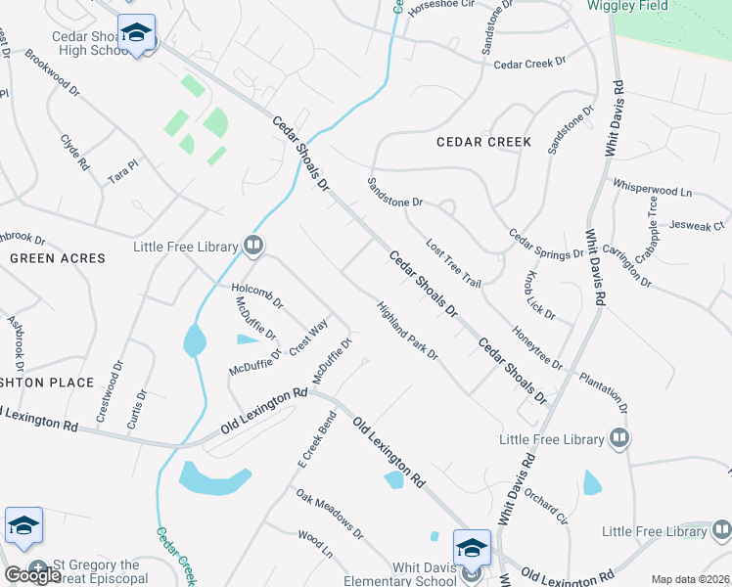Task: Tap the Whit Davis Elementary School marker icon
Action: tap(472, 548)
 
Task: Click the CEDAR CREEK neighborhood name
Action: tap(483, 142)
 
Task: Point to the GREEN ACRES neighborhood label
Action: tap(57, 258)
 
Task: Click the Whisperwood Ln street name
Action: tap(652, 187)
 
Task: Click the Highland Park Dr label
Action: tap(407, 330)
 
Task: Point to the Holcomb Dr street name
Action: tap(257, 295)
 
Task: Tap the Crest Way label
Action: tap(307, 339)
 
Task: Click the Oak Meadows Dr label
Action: tap(330, 515)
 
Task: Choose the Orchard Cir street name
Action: tap(545, 506)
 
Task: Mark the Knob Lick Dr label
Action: tap(541, 296)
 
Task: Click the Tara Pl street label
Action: tap(123, 172)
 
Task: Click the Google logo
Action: tap(32, 574)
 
